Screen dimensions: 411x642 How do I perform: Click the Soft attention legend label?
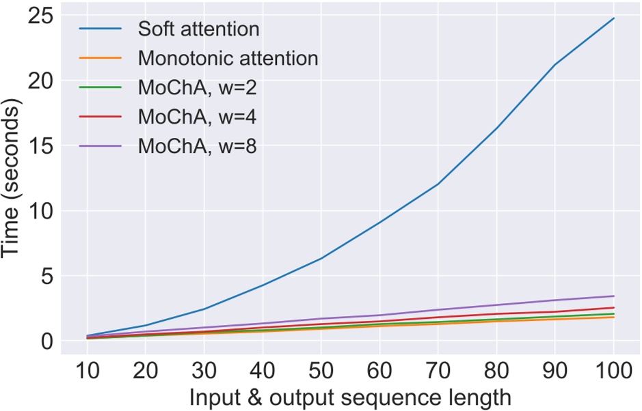pyautogui.click(x=198, y=29)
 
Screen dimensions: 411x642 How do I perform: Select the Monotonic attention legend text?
pyautogui.click(x=228, y=59)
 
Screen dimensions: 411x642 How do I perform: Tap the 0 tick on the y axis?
pyautogui.click(x=46, y=341)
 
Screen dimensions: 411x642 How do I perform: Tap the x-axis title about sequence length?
pyautogui.click(x=349, y=397)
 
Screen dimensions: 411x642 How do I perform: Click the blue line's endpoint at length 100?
pyautogui.click(x=613, y=18)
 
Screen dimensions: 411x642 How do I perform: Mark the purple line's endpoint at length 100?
pyautogui.click(x=613, y=296)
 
